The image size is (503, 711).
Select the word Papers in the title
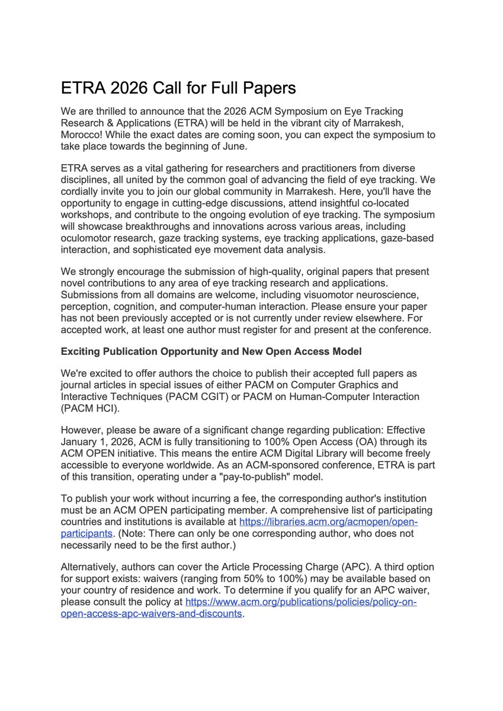266,88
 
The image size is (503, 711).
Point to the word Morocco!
82,134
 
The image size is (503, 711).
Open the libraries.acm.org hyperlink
328,522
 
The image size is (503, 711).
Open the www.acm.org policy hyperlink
301,602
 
